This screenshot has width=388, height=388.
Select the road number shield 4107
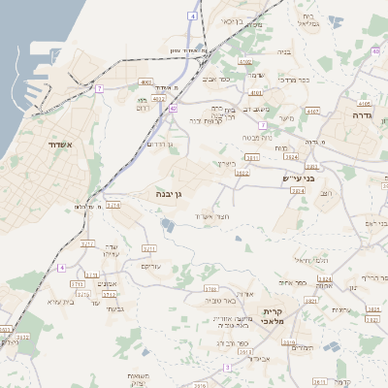tap(312, 111)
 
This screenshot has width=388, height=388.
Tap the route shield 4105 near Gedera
tap(365, 103)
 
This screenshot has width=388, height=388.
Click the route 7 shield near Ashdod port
tap(99, 88)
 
